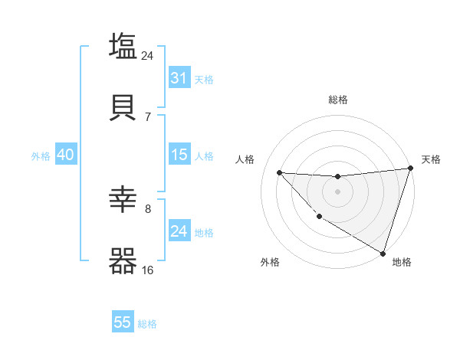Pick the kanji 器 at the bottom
(x=123, y=260)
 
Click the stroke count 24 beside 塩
(x=148, y=55)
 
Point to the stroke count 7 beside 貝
(x=148, y=116)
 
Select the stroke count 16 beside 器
(x=148, y=270)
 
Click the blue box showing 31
(x=179, y=78)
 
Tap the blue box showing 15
(x=179, y=155)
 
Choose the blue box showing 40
(x=65, y=155)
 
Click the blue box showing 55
(x=123, y=322)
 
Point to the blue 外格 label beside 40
(x=41, y=155)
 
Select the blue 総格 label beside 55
(x=147, y=324)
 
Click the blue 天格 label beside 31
(x=204, y=79)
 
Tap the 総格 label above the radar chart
(x=338, y=100)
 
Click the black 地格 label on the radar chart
(x=402, y=262)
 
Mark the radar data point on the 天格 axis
(x=410, y=169)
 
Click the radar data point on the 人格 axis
(x=279, y=172)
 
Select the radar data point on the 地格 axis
(x=383, y=253)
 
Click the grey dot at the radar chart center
(x=337, y=191)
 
